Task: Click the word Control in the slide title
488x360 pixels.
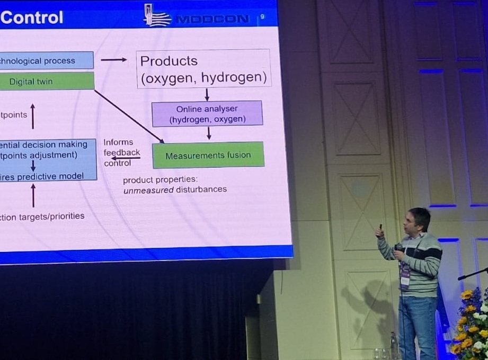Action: point(32,17)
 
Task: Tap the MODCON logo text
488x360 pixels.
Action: point(212,20)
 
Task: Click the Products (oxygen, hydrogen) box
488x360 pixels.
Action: point(203,69)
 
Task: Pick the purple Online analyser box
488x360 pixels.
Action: point(207,114)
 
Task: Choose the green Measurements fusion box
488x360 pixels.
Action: point(208,156)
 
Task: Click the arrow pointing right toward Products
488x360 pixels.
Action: point(113,60)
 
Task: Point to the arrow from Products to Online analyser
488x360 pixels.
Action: point(207,94)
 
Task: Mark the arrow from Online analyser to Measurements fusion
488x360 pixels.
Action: point(209,133)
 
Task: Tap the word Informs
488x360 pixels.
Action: point(118,142)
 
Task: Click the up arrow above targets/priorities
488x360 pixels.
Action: point(33,195)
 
